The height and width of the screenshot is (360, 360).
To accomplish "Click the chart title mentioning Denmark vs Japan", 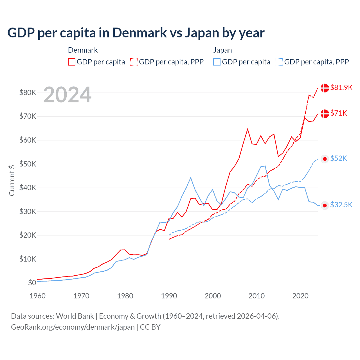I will click(136, 33).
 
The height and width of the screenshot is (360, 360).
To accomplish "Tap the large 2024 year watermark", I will click(67, 95).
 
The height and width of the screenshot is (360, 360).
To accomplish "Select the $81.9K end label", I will click(341, 87).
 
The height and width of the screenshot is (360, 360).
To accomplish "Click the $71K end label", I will click(339, 113).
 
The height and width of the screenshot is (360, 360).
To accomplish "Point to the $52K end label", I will click(339, 159).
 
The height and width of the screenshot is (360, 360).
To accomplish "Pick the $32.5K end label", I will click(341, 205).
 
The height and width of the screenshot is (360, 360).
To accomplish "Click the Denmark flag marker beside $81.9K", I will click(325, 88).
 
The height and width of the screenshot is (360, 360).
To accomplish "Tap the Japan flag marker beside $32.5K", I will click(325, 206).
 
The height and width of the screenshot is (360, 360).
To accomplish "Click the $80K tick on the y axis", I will click(28, 93).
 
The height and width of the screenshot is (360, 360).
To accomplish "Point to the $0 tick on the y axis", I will click(32, 283).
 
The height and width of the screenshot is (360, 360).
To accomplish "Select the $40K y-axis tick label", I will click(28, 188).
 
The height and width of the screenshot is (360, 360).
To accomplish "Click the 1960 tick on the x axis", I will click(37, 296).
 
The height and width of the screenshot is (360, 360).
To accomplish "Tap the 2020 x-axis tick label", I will click(300, 296).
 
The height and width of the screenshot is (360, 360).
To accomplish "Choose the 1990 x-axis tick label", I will click(169, 296).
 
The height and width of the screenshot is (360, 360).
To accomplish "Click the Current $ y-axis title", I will click(12, 180).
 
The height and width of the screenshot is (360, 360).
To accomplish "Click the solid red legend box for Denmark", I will click(72, 62).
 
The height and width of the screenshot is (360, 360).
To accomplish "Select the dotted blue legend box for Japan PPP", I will click(279, 62).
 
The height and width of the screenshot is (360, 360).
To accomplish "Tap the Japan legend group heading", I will click(222, 50).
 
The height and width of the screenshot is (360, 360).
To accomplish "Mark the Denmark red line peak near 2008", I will click(247, 129).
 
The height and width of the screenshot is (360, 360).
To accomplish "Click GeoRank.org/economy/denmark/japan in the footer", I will click(73, 327).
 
